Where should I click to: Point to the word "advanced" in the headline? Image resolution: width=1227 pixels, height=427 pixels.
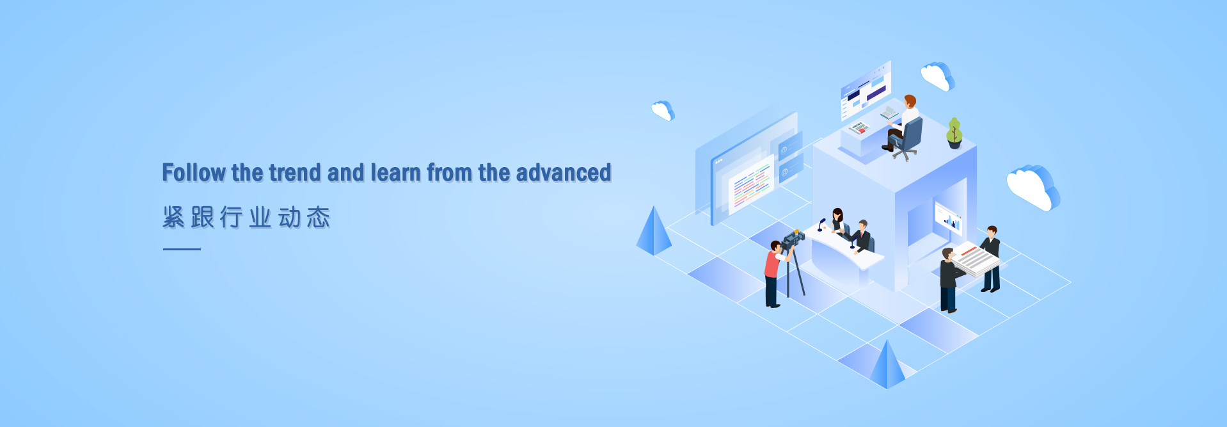pos(564,173)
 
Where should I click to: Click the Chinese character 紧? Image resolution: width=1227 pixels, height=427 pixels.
pos(173,217)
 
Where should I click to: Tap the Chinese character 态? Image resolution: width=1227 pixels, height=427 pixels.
pos(319,217)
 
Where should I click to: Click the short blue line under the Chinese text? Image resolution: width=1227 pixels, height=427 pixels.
pos(182,249)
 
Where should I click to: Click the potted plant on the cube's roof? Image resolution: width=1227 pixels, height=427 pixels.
pos(954,133)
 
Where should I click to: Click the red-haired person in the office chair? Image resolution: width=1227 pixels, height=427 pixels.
pos(902,124)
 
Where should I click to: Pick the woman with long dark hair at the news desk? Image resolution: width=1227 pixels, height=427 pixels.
pos(837,221)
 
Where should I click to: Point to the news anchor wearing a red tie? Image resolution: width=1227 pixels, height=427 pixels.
pos(862,237)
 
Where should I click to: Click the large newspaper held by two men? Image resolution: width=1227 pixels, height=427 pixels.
pos(974,259)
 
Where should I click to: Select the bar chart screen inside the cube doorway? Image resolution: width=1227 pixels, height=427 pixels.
pos(949,218)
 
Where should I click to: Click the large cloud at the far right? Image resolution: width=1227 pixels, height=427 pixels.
pos(1033,187)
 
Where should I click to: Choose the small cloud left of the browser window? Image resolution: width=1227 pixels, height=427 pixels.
pos(663,110)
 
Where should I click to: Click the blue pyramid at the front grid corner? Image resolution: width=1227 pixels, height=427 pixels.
pos(887,364)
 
